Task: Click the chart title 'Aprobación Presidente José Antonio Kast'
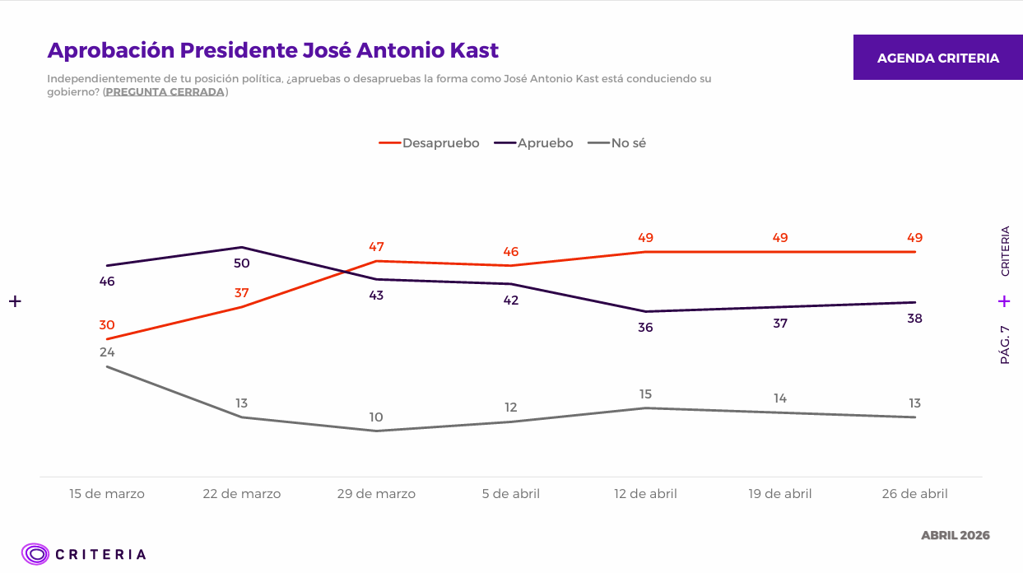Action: point(273,50)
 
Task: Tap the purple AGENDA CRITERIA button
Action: point(937,58)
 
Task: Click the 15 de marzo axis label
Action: point(107,494)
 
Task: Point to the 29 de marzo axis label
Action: point(376,494)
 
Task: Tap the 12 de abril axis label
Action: point(645,494)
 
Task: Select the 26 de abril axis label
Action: point(914,494)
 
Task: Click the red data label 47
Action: point(376,247)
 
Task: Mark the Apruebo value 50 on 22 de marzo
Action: point(241,263)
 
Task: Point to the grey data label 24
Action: point(107,352)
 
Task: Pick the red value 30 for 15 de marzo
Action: point(107,325)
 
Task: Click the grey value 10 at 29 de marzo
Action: point(376,417)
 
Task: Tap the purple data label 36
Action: point(645,328)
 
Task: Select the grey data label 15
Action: point(645,394)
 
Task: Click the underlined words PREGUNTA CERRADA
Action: point(165,92)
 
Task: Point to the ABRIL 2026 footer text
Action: point(955,535)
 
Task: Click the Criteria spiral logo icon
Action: point(35,554)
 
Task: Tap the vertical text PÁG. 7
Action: point(1004,345)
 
